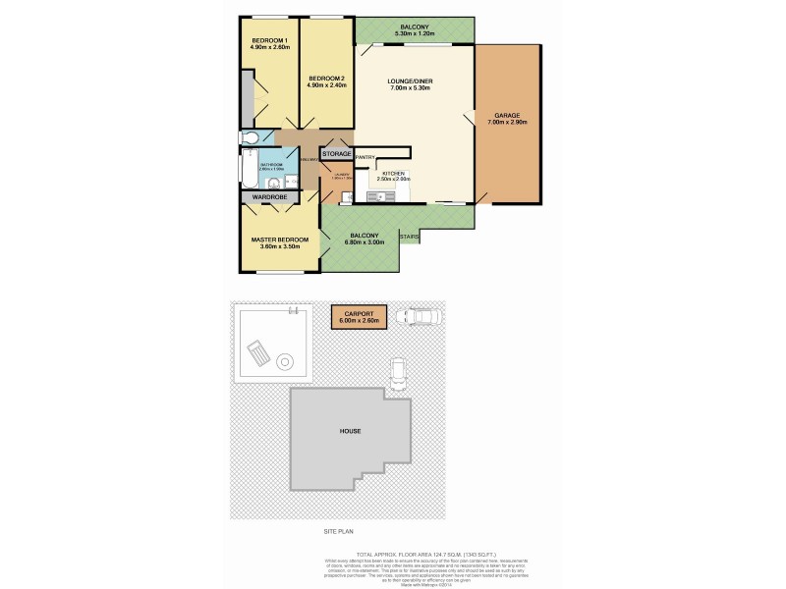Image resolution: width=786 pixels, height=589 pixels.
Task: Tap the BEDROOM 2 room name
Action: (x=325, y=79)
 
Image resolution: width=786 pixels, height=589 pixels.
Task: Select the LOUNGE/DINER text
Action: (x=412, y=83)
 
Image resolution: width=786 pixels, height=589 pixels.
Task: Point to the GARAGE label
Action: (x=507, y=116)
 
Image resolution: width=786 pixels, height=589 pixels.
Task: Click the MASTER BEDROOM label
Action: (x=280, y=240)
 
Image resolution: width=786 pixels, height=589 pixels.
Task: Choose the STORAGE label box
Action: (x=336, y=154)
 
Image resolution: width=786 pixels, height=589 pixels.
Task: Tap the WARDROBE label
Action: (x=268, y=197)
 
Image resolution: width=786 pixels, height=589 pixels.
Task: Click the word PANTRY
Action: (x=365, y=157)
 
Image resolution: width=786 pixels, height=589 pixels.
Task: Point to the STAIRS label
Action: (x=412, y=237)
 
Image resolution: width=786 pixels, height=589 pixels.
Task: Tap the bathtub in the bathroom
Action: (x=246, y=168)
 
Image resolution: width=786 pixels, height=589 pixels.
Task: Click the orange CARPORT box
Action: (x=359, y=316)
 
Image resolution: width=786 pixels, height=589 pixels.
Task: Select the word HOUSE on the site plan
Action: (x=350, y=429)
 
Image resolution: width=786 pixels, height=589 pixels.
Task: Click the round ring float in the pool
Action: (x=286, y=359)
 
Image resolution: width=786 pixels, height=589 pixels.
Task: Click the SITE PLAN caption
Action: (x=337, y=531)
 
